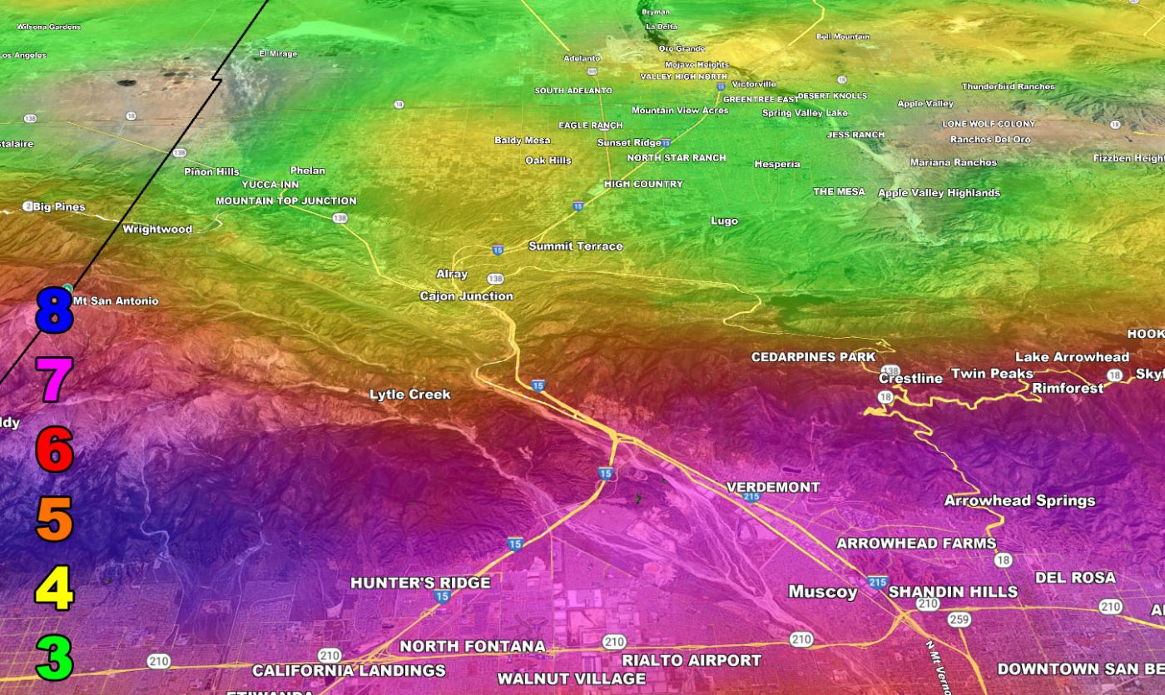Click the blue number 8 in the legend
55,310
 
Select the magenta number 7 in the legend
55,380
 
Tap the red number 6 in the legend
55,451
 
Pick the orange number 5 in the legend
55,519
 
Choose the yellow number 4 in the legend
55,588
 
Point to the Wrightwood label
157,229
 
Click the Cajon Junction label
466,295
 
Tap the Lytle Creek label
409,394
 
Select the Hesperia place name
777,164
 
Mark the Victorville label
754,84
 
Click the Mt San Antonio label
116,300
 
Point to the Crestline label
911,378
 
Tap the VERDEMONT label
773,487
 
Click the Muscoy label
822,592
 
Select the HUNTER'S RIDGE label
420,583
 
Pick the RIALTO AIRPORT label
692,660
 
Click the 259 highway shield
959,619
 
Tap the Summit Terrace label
576,246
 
